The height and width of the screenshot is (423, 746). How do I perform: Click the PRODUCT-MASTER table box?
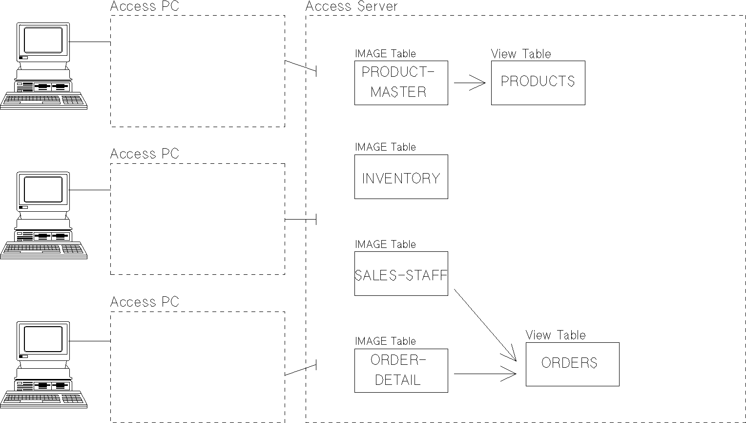401,83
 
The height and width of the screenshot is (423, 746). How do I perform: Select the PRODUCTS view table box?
538,83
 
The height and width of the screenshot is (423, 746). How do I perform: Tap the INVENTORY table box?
401,177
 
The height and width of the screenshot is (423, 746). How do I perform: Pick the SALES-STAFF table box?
401,274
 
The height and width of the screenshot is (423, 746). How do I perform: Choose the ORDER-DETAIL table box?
401,370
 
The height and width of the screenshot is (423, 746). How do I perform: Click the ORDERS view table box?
572,364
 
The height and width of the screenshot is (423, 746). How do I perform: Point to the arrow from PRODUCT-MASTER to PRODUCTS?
469,83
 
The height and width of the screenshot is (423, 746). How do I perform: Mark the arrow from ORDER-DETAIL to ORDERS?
484,374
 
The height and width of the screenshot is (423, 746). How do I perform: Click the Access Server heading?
352,6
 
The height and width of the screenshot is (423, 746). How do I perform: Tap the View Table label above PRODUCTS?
520,54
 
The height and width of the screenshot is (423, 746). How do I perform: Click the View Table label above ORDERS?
555,335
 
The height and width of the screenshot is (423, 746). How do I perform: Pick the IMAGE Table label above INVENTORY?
385,147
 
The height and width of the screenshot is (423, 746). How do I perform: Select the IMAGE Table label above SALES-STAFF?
385,244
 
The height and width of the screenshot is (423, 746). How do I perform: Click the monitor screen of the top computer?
43,40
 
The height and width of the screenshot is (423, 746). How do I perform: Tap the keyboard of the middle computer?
43,249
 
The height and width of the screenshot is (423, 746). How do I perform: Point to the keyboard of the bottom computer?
43,399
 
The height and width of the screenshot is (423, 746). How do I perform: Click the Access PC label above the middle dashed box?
145,154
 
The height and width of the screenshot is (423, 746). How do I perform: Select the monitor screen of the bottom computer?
43,339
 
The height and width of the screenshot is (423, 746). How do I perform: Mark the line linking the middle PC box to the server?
300,220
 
